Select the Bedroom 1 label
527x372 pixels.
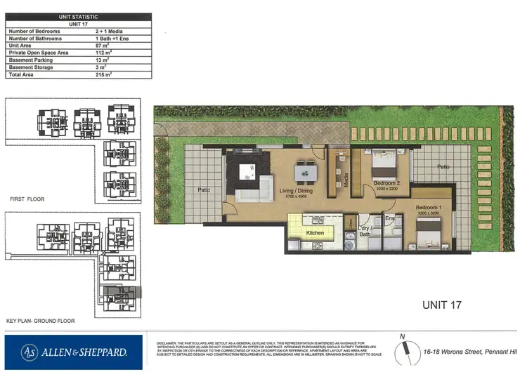point(428,208)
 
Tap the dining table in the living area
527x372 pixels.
point(304,171)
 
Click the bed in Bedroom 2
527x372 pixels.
point(384,165)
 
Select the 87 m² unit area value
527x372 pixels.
point(103,46)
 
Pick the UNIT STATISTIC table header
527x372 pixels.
point(77,16)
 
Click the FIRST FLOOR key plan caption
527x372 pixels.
point(27,199)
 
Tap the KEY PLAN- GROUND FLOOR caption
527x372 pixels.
point(40,321)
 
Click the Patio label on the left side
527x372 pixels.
point(204,190)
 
